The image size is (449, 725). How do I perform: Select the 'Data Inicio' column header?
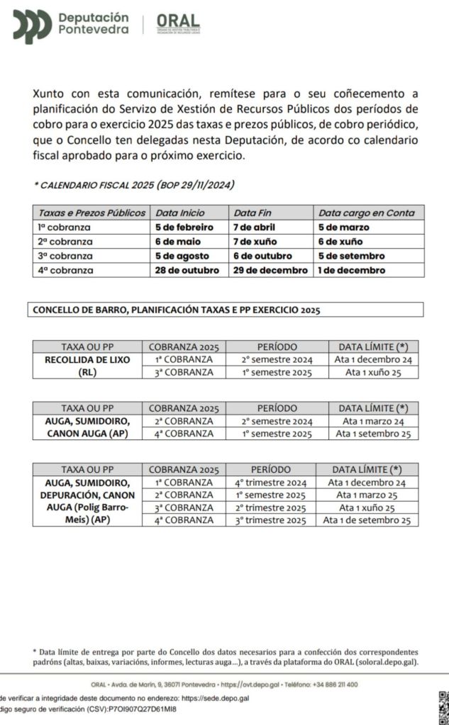pos(179,213)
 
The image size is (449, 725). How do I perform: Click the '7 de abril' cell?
pos(254,227)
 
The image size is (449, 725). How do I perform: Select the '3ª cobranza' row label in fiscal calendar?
pos(65,256)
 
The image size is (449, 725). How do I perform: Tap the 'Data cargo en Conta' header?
pos(366,213)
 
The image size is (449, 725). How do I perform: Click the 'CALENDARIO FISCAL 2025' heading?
pos(135,186)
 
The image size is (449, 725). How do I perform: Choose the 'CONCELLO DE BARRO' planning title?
pos(174,310)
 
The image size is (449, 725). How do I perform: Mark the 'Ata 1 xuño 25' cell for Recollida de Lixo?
pos(373,373)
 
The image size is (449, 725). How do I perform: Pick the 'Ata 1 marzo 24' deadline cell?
pos(373,421)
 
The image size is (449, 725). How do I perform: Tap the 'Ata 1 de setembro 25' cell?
pos(367,520)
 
